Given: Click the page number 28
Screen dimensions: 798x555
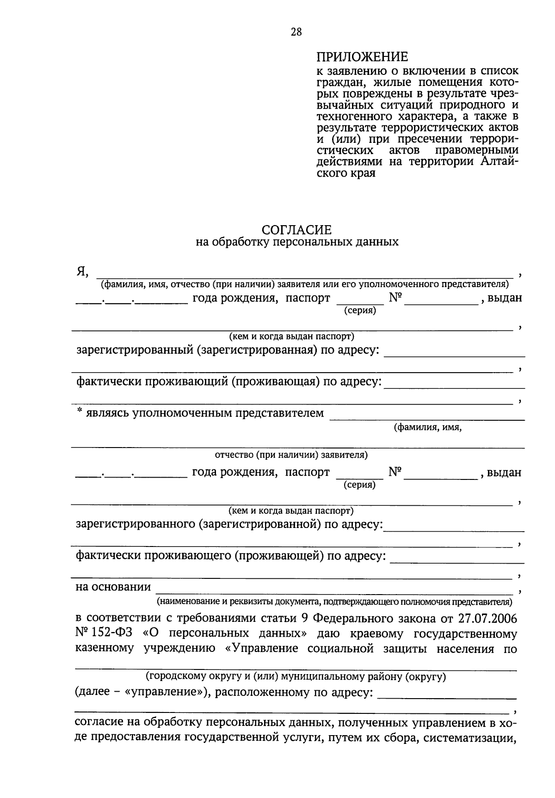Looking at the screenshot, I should point(296,32).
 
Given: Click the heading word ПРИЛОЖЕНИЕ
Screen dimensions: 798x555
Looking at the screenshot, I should point(362,57).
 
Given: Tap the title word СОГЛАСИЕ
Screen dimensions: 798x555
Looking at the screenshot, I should point(296,230).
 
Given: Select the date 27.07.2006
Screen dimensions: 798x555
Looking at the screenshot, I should point(488,619).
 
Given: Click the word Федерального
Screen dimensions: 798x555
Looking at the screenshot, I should point(350,619).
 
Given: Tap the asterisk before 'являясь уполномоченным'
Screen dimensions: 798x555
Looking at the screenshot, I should point(80,411).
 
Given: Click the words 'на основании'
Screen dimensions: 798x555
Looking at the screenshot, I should point(113,587).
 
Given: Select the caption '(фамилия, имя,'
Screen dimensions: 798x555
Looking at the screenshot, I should point(428,428).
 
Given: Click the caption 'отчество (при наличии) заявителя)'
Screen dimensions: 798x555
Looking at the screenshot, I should point(291,455).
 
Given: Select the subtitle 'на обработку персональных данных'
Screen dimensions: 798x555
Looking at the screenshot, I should point(296,242).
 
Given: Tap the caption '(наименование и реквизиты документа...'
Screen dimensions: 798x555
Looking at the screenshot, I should point(334,602).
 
